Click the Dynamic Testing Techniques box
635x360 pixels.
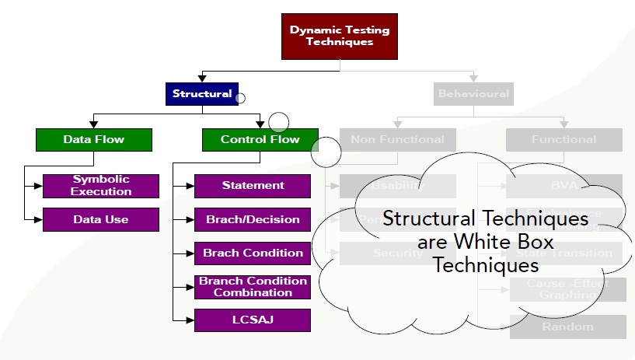coord(340,37)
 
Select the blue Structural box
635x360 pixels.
coord(202,94)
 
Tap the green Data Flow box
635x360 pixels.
coord(94,140)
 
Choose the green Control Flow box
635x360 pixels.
coord(260,140)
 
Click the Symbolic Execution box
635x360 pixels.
coord(101,186)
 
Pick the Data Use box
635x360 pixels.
coord(101,220)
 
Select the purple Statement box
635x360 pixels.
coord(253,186)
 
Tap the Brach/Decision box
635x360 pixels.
coord(253,220)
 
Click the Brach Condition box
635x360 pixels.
coord(253,253)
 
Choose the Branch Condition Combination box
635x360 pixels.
coord(253,287)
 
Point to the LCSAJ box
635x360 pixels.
coord(253,320)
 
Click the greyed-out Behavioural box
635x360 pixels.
coord(473,94)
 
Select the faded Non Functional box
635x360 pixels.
coord(397,140)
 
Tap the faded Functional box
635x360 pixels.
coord(563,140)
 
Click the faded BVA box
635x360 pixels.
coord(563,185)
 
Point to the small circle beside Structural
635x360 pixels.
coord(240,98)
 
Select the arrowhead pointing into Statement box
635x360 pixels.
coord(190,187)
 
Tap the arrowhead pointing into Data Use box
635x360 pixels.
coord(38,220)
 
